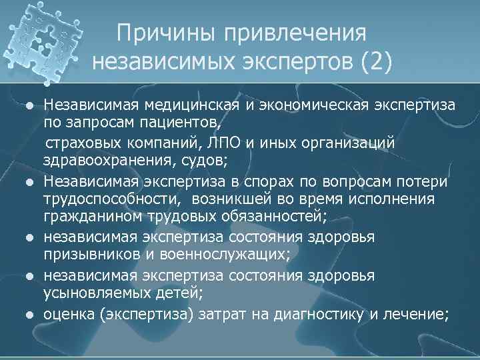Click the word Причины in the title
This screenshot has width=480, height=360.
163,33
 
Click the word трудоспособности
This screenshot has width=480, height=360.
112,200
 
